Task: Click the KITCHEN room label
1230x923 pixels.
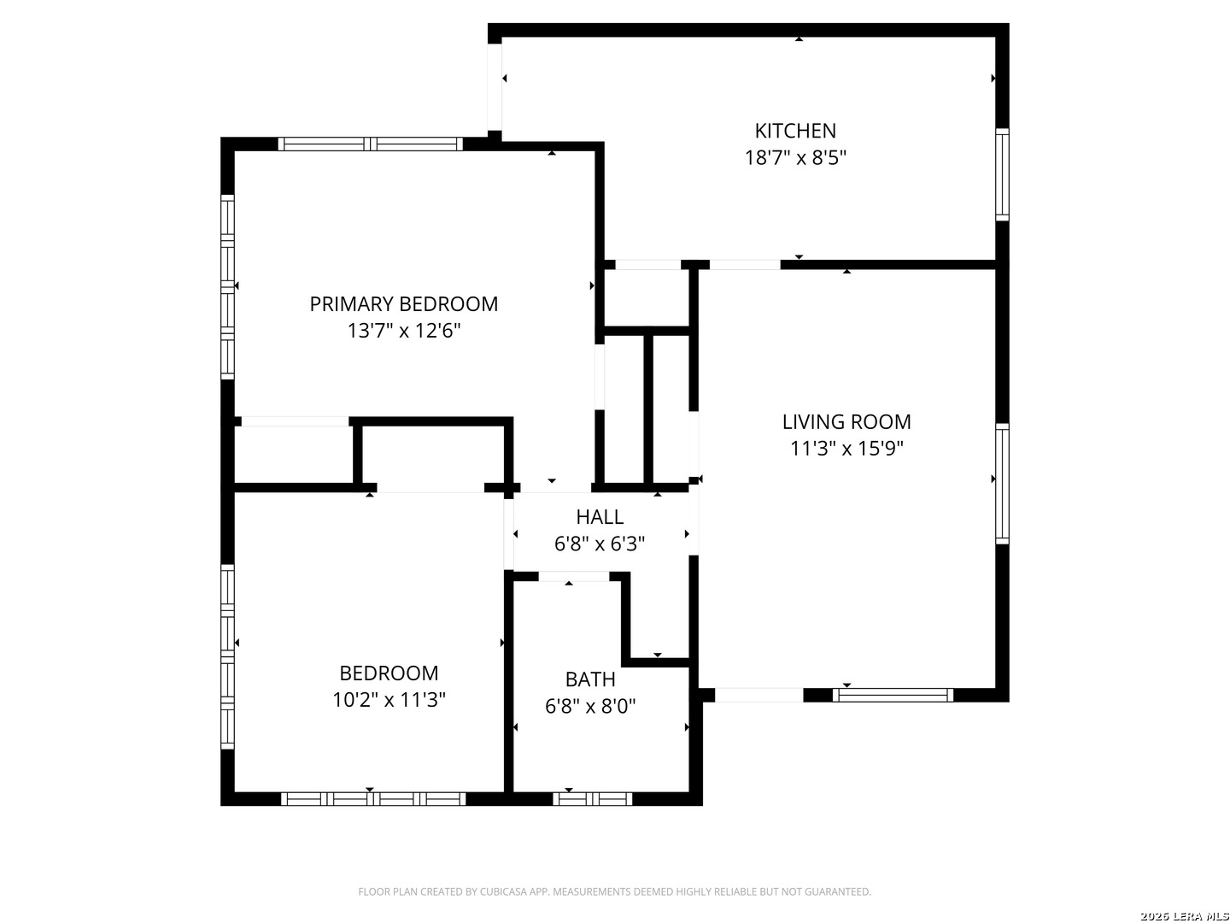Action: (794, 131)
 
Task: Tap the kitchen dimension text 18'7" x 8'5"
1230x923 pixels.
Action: (794, 157)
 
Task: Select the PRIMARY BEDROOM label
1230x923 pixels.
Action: (403, 303)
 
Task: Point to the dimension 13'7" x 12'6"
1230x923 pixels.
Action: (403, 331)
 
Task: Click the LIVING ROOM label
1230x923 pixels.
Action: (846, 421)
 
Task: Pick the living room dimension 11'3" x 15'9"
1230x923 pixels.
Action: (846, 449)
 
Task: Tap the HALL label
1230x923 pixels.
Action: (600, 517)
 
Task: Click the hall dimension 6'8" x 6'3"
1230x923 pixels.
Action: (600, 544)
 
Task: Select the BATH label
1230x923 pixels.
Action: (590, 679)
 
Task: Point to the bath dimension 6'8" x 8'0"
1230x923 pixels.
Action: (590, 706)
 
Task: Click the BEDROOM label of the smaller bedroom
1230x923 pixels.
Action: (389, 673)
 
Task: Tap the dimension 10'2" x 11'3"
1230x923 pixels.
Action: (389, 699)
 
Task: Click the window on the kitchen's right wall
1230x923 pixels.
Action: (1002, 174)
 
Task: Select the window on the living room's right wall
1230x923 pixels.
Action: (1002, 484)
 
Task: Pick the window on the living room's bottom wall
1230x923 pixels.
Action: (893, 695)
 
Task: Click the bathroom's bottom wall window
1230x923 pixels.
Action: (592, 798)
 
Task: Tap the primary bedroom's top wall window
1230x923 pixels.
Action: (371, 144)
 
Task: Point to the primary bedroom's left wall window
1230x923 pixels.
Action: (227, 287)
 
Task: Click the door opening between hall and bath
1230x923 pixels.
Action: (574, 577)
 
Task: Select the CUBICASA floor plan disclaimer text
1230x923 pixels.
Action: (615, 891)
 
